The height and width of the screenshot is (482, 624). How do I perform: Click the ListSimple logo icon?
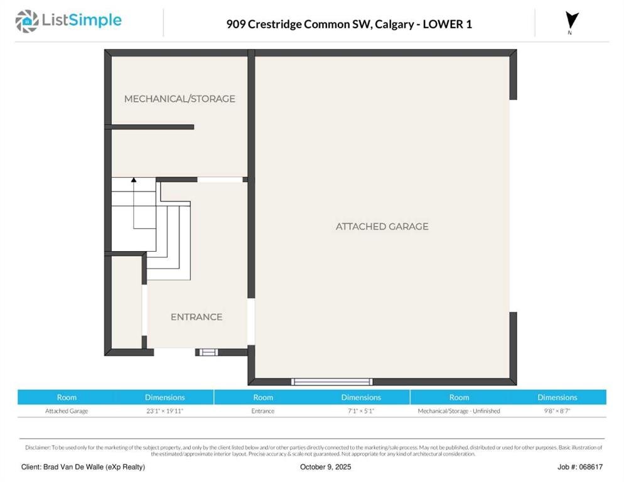point(26,21)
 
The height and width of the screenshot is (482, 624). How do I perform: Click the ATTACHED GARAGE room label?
point(382,227)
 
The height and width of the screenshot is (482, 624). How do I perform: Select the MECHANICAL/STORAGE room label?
point(180,99)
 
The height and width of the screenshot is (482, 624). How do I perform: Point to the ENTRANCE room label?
point(196,317)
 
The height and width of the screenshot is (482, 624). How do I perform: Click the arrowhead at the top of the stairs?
point(134,180)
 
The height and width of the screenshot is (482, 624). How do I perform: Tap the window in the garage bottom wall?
point(332,382)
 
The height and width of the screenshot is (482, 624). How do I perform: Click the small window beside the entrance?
point(208,352)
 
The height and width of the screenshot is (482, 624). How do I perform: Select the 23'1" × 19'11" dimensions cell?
point(164,410)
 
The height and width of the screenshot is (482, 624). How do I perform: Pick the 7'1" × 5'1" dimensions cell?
point(361,410)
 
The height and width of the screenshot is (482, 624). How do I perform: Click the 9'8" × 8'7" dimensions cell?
point(557,410)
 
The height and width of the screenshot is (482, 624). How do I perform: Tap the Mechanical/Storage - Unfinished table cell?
point(459,410)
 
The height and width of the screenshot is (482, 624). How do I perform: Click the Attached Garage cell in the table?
point(67,410)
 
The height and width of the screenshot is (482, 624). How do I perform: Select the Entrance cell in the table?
point(262,410)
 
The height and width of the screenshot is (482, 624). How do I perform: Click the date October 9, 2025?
point(326,467)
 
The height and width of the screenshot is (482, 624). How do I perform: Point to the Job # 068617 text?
point(580,467)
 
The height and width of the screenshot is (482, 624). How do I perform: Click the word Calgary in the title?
point(389,24)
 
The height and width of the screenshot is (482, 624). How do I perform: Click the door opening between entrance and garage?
point(251,321)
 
